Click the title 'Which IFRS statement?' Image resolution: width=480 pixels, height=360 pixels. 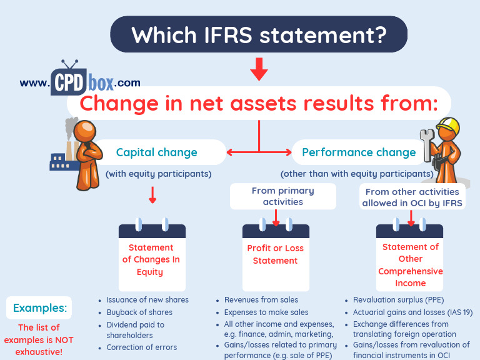click(258, 34)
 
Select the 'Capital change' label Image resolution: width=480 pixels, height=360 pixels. click(156, 152)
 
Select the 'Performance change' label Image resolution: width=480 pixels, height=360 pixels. click(359, 152)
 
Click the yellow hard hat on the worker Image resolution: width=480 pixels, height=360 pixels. click(446, 127)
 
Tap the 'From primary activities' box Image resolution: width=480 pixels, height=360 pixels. click(282, 196)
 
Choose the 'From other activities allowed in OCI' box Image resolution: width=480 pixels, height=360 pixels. click(412, 197)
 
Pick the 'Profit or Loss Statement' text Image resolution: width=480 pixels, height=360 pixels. click(275, 254)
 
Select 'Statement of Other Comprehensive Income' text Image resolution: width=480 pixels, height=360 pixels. click(411, 265)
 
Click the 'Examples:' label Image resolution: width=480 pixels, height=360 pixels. click(39, 307)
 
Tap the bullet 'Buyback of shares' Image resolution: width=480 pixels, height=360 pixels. click(139, 312)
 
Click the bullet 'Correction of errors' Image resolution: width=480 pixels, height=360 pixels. click(141, 347)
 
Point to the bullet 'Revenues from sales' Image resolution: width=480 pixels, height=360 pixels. click(261, 300)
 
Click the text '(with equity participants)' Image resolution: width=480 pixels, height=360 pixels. click(158, 174)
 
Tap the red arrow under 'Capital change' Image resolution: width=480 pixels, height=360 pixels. click(152, 197)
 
